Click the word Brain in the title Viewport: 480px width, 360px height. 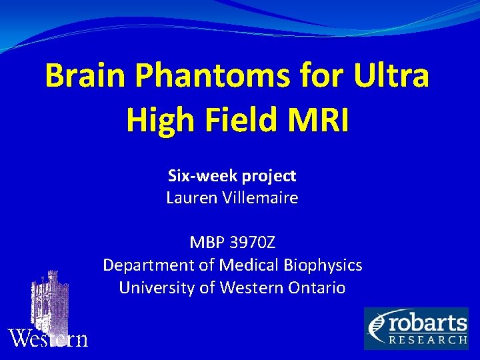[x=85, y=77]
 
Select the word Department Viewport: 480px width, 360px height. [x=149, y=265]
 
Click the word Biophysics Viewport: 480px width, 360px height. [x=323, y=265]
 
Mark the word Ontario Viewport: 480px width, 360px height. [x=317, y=288]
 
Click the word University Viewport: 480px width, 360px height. [x=152, y=288]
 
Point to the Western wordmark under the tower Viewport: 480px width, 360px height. [x=48, y=339]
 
